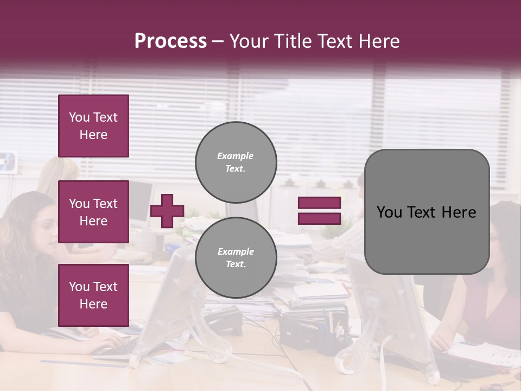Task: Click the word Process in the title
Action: coord(170,41)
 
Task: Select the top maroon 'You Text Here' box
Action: coord(93,126)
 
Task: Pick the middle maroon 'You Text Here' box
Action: coord(93,212)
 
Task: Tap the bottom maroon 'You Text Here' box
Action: coord(93,295)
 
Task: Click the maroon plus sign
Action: coord(167,211)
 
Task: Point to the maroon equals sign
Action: coord(319,211)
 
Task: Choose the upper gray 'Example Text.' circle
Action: coord(236,162)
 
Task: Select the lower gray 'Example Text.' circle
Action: coord(236,258)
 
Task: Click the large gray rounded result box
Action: coord(427,212)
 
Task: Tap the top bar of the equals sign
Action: coord(319,203)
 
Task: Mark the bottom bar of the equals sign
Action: coord(319,218)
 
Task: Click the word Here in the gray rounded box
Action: coord(459,212)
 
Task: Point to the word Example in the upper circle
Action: coord(236,156)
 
